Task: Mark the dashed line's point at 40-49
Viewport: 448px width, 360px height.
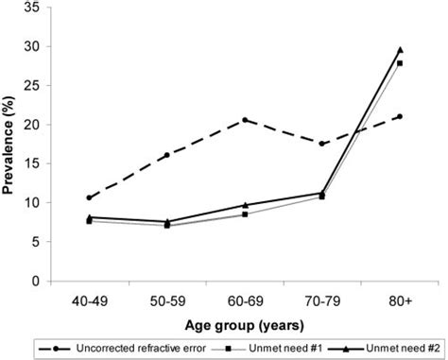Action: click(x=89, y=198)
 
